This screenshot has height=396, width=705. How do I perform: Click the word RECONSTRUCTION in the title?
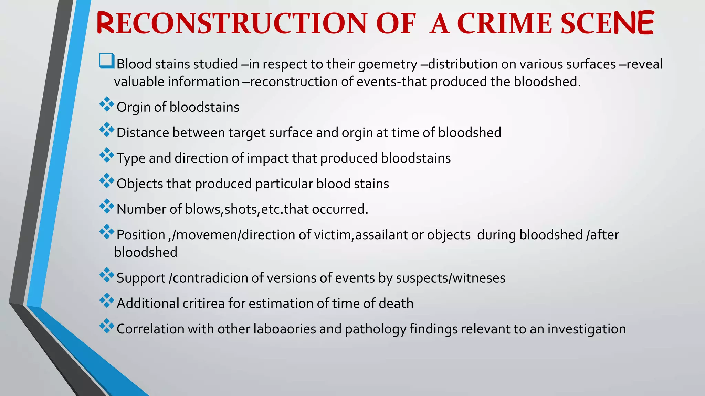[x=232, y=23]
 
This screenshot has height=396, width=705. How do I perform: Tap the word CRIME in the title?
[x=504, y=23]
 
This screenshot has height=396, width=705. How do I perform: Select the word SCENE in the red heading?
[x=607, y=23]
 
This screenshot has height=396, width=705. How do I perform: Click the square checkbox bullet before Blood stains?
[x=106, y=61]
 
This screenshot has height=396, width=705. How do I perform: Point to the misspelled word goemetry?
[x=388, y=64]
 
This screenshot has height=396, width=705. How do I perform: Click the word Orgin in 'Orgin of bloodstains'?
[x=134, y=107]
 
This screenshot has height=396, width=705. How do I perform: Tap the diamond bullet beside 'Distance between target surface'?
[x=107, y=130]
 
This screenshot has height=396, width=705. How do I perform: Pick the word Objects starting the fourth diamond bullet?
[x=139, y=184]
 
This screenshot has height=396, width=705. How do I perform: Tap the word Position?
[x=141, y=235]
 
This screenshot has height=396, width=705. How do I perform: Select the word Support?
[x=141, y=278]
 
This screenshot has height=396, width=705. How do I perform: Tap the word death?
[x=396, y=303]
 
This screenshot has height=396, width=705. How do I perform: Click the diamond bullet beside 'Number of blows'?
[x=107, y=206]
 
